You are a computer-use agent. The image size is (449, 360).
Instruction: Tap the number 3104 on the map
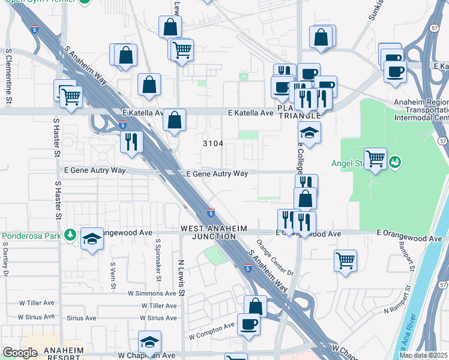click(213, 143)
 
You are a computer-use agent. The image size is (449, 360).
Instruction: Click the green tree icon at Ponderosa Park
click(70, 234)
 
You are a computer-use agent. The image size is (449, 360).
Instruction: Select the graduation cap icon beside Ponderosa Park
click(92, 239)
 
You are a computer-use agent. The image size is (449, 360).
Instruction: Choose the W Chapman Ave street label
click(143, 355)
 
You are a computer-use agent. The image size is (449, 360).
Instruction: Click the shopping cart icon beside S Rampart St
click(345, 260)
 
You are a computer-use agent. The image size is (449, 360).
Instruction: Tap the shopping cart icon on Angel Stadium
click(375, 159)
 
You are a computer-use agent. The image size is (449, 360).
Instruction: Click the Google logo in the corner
click(20, 353)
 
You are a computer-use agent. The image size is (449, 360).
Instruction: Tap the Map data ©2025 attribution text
click(423, 355)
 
